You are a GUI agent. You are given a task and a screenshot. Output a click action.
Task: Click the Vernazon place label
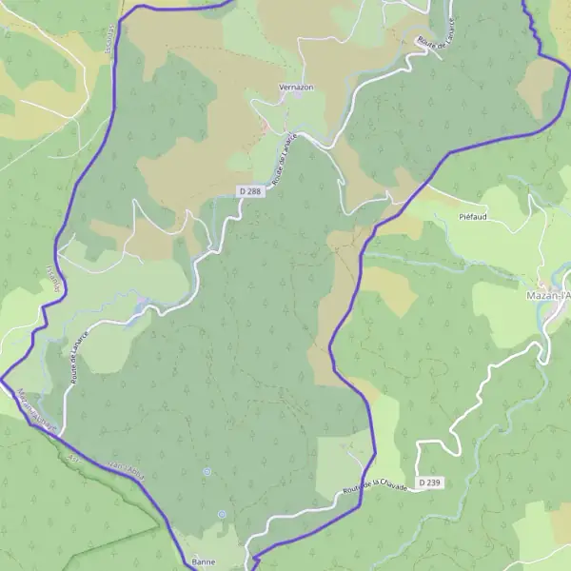(x=296, y=87)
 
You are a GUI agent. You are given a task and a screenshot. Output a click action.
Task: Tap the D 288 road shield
(x=249, y=191)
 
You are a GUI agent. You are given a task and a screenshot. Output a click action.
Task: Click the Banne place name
(x=204, y=562)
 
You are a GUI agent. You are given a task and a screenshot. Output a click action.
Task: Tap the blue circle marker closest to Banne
(x=222, y=514)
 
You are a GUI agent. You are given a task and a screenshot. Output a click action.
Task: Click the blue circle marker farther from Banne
(x=207, y=471)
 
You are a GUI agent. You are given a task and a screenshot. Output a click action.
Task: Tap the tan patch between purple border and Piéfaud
(x=390, y=285)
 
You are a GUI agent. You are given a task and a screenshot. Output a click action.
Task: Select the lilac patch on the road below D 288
(x=143, y=305)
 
